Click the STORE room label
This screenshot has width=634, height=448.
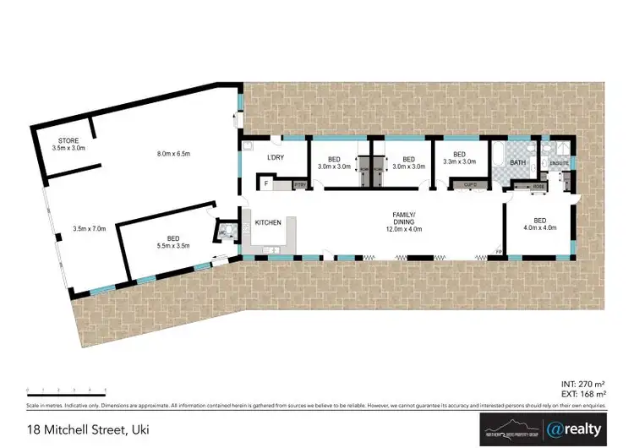click(68, 144)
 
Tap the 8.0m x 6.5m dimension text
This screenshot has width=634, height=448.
click(173, 153)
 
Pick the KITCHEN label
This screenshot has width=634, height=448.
click(268, 222)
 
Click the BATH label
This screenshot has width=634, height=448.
click(517, 161)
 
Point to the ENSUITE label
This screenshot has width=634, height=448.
click(560, 162)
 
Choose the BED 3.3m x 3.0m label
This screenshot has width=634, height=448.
click(459, 158)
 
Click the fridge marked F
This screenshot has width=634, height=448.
click(266, 183)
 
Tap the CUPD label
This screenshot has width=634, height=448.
click(468, 184)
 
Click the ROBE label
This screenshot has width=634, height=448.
click(538, 187)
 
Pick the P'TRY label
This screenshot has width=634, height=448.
click(299, 183)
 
